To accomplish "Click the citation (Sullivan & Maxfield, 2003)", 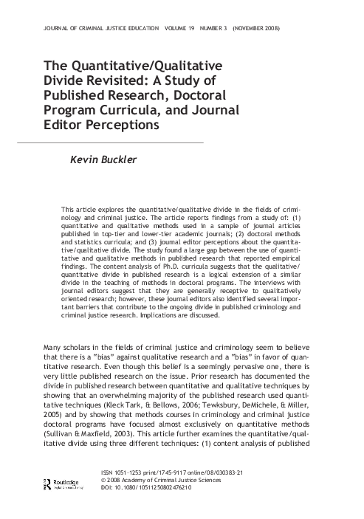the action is pos(99,409).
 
